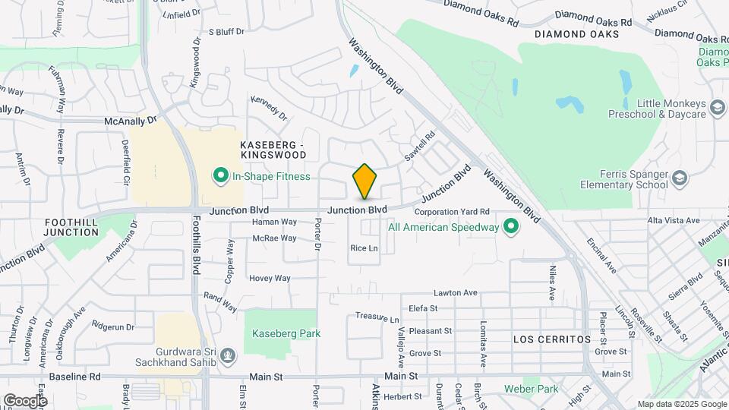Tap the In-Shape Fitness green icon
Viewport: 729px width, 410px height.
tap(221, 177)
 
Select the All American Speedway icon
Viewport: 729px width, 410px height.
tap(511, 226)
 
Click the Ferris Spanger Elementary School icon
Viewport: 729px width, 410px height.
tap(679, 178)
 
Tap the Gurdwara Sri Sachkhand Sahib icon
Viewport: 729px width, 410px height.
tap(229, 355)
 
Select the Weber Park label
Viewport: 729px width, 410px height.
tap(532, 389)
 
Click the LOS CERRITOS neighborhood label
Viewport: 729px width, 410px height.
tap(551, 338)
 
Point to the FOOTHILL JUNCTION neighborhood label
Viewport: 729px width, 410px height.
tap(71, 227)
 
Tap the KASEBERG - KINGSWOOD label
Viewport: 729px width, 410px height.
tap(273, 150)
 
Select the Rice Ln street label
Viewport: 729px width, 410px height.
tap(364, 248)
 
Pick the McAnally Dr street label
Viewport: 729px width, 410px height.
tap(130, 120)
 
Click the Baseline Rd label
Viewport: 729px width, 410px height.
tap(74, 376)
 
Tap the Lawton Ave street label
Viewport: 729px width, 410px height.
tap(455, 292)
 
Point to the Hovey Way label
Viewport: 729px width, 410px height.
tap(270, 279)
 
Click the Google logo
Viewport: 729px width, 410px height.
tap(25, 400)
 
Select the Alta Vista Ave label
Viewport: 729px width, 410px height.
tap(674, 220)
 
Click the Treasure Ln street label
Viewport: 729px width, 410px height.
tap(377, 315)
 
